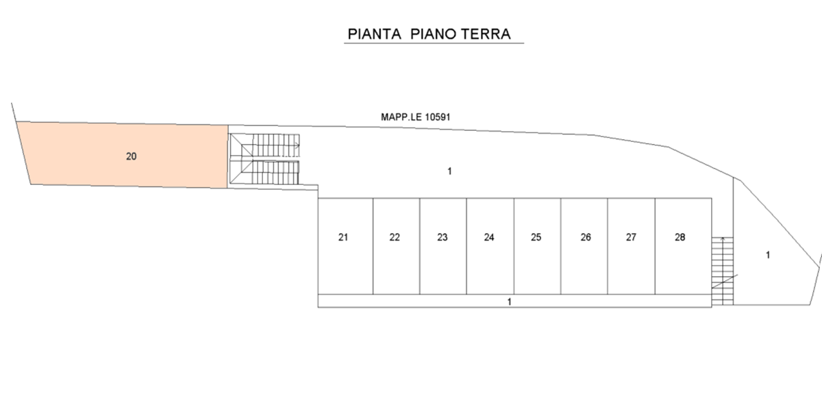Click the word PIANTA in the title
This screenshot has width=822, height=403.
(x=374, y=34)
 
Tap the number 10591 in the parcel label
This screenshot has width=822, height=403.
(x=438, y=117)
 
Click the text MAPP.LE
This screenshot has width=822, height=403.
(x=401, y=117)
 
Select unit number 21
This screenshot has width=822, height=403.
(x=345, y=246)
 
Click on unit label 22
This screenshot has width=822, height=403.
(x=397, y=246)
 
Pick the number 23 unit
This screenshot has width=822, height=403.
(x=443, y=246)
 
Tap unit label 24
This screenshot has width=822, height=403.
(x=490, y=246)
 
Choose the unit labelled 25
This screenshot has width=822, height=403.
(x=537, y=246)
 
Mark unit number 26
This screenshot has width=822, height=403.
(x=584, y=246)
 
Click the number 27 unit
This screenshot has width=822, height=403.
(x=631, y=246)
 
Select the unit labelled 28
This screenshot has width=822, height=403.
(x=684, y=246)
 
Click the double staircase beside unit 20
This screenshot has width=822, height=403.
(x=264, y=159)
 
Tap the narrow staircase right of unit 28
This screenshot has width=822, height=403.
(x=723, y=271)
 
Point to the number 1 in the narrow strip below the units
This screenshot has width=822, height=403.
(x=510, y=302)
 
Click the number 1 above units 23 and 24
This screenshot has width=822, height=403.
(x=449, y=171)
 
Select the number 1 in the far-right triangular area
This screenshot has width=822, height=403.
(x=768, y=255)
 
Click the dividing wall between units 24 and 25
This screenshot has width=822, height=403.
(x=514, y=246)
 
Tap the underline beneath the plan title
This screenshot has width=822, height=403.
(x=434, y=43)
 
